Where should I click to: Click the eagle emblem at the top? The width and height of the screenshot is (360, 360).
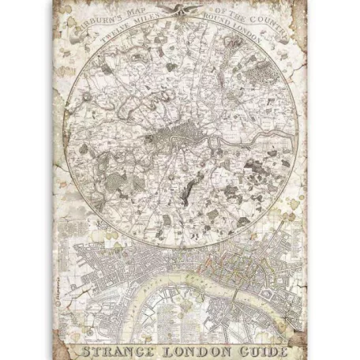pos(179,9)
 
